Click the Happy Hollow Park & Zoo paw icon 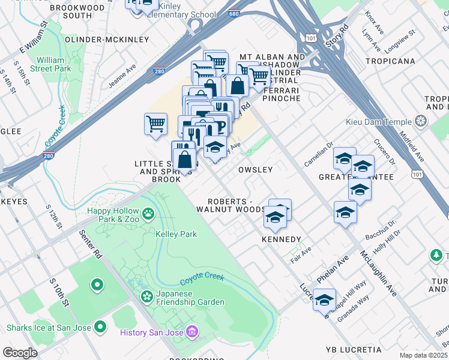(148, 213)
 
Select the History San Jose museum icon (191, 332)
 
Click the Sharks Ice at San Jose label (48, 328)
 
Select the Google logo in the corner (20, 352)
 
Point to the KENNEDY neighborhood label (281, 239)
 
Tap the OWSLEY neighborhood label (256, 170)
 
